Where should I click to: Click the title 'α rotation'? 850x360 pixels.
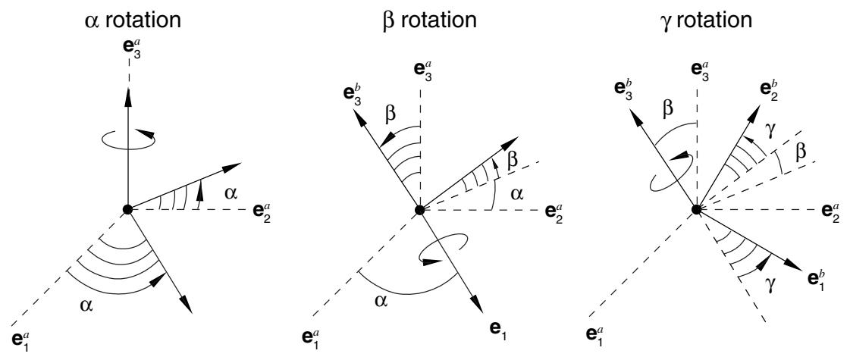point(132,20)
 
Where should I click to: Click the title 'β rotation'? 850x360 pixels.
point(428,20)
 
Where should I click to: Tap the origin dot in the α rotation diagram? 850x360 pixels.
point(127,209)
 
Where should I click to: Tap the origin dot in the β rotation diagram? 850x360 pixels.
point(419,209)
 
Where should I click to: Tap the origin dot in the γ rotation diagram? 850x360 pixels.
point(697,209)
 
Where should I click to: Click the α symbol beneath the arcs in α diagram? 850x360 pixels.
point(86,305)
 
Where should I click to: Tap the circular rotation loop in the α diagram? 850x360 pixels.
point(128,139)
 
